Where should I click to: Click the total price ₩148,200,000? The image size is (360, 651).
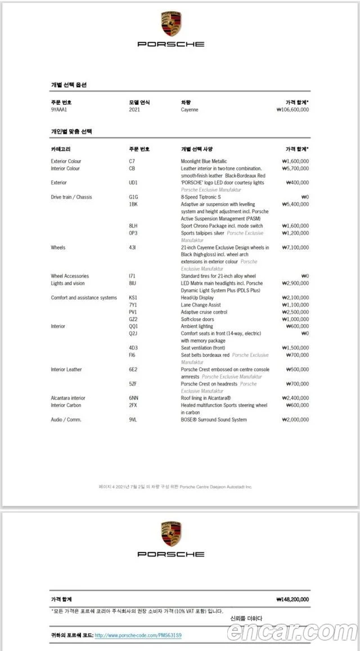[292, 600]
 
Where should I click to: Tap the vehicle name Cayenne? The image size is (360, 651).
[190, 110]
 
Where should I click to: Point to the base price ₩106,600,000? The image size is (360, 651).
[292, 110]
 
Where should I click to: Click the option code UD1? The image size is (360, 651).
[133, 183]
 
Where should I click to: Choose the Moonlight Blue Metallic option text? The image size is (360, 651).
[204, 161]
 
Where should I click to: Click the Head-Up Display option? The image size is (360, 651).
[197, 298]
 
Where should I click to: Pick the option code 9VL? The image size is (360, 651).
[133, 420]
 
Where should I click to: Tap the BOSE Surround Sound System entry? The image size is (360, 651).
[214, 420]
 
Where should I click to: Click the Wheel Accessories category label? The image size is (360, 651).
[70, 276]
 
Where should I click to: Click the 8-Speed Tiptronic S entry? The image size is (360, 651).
[201, 197]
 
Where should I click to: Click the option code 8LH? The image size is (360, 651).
[133, 226]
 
